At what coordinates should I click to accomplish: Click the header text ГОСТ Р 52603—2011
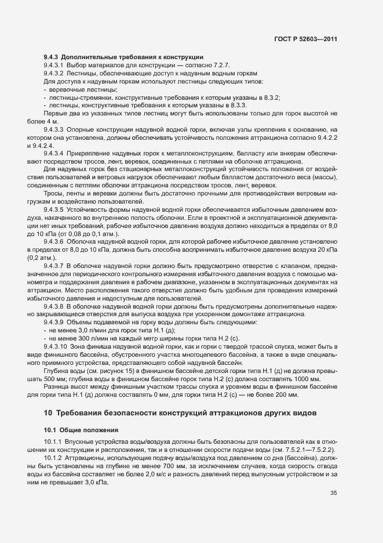(305, 39)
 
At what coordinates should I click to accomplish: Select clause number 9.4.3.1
(54, 65)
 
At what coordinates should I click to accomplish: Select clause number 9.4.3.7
(54, 264)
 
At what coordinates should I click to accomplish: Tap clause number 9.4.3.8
(54, 305)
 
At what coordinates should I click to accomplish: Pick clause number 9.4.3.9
(54, 321)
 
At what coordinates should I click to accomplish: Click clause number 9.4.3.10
(56, 346)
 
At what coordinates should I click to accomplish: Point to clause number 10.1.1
(53, 443)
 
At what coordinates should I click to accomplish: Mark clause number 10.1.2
(53, 458)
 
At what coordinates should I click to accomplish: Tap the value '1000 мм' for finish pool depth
(309, 379)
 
